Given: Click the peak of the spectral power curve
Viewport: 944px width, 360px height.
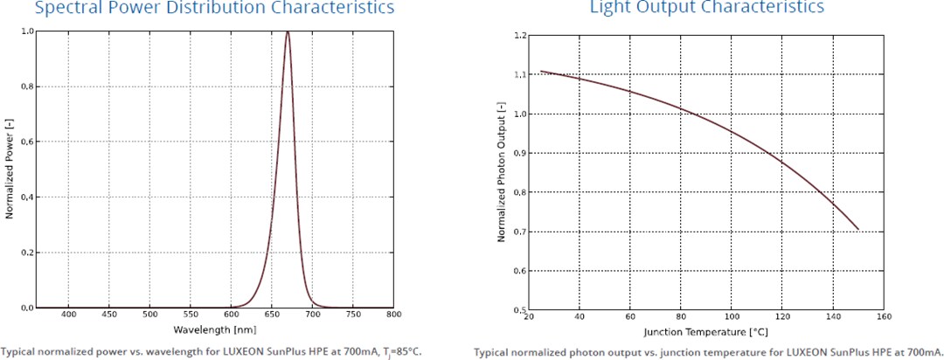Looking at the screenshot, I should point(288,32).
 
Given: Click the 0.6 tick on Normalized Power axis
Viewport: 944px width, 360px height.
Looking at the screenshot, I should point(28,142).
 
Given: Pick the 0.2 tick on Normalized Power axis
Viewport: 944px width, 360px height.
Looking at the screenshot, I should point(28,253).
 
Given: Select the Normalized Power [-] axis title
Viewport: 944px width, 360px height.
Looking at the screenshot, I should point(8,170).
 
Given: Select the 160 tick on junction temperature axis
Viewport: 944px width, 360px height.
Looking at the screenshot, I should point(885,317).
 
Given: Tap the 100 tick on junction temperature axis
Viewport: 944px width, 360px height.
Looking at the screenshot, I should point(732,317).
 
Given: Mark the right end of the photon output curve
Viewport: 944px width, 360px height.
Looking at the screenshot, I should point(858,229).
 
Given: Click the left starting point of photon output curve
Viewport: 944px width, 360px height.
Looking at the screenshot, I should point(540,71).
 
